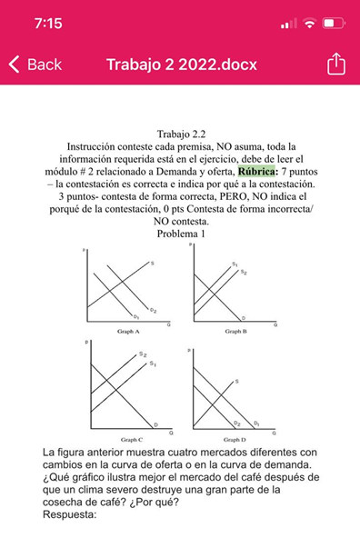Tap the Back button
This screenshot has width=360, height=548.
click(x=36, y=65)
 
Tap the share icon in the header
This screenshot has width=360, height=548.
click(x=335, y=65)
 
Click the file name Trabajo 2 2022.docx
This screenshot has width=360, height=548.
click(x=182, y=65)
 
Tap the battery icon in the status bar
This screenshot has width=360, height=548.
click(x=334, y=24)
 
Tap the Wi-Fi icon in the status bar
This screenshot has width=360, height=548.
click(x=310, y=24)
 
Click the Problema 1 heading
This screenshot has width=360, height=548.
click(x=181, y=234)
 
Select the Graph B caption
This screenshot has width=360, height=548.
click(x=236, y=333)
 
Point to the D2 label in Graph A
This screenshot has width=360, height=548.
click(x=154, y=311)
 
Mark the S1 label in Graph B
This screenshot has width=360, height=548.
click(x=235, y=264)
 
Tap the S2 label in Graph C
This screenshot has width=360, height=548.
click(x=143, y=354)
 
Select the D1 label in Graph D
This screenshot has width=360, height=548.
click(x=256, y=423)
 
